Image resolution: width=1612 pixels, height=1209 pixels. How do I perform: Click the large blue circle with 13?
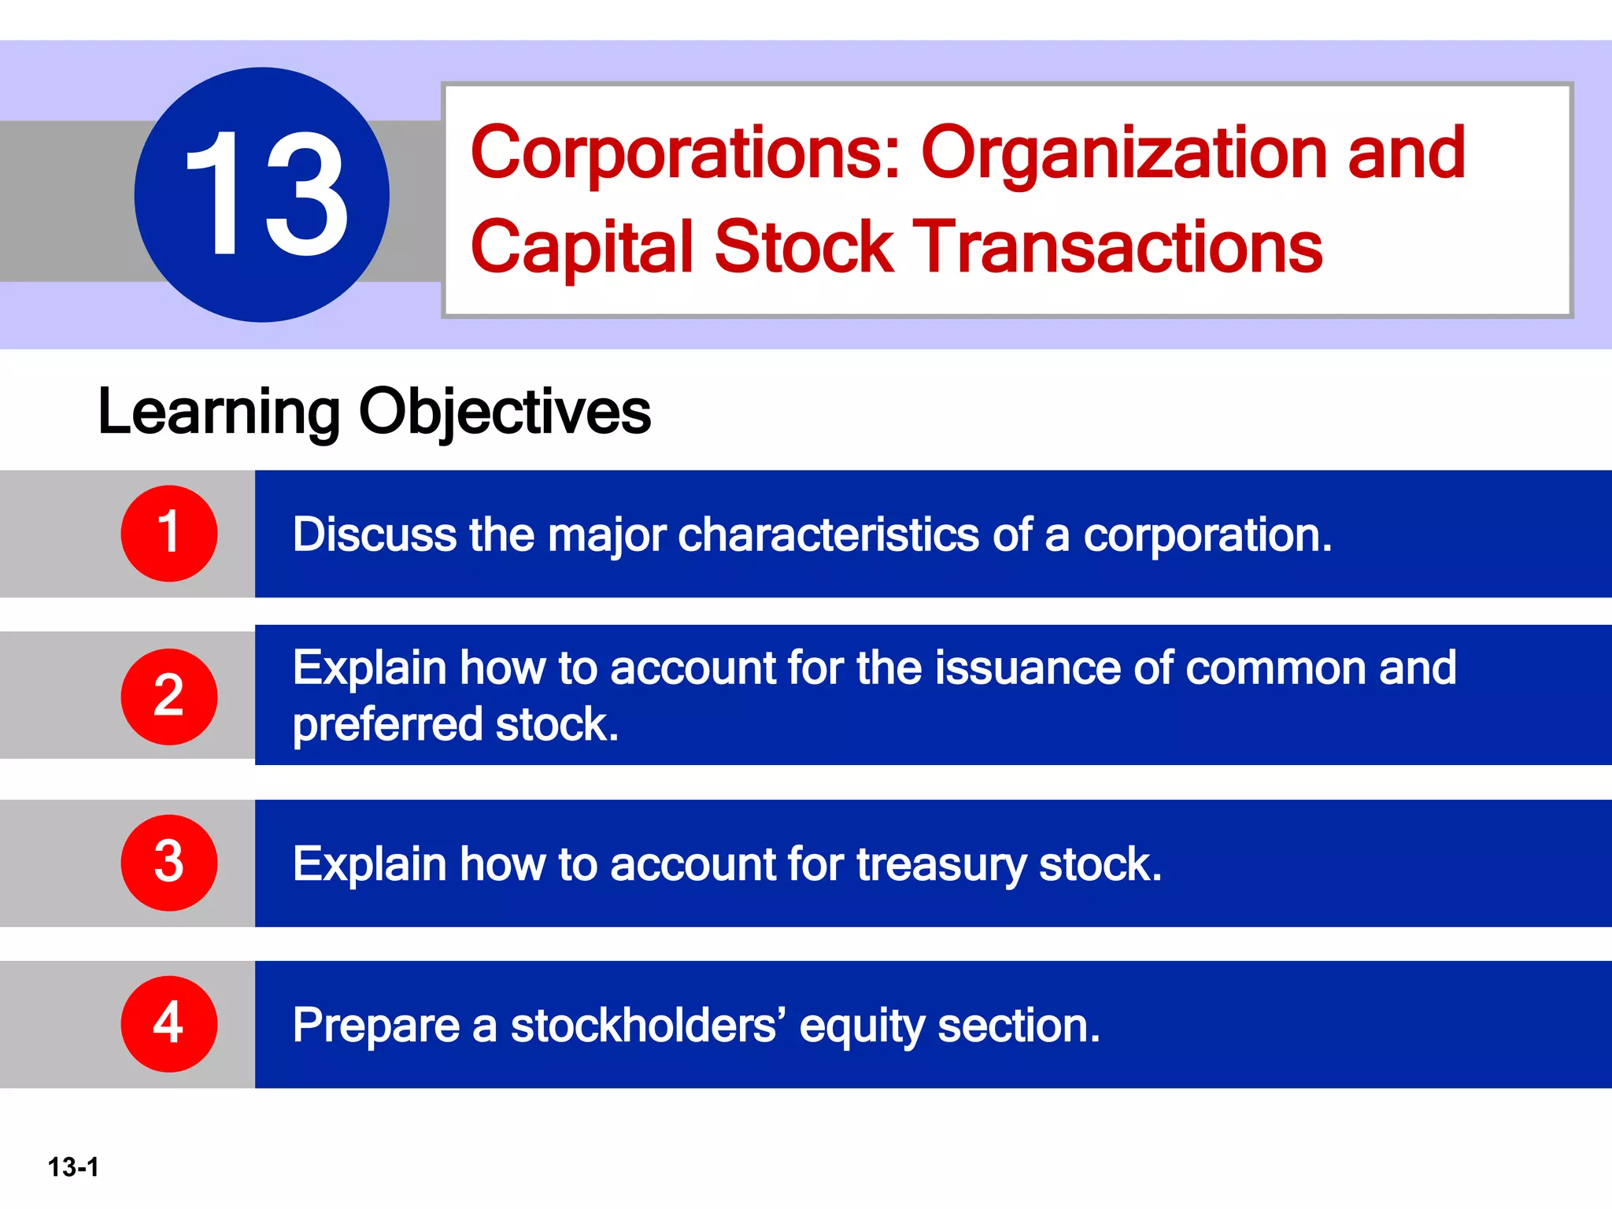point(261,194)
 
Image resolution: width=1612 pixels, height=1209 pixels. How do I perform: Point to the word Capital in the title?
point(582,247)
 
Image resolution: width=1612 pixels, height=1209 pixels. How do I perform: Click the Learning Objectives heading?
point(374,412)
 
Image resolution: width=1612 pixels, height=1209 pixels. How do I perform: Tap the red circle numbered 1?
point(168,534)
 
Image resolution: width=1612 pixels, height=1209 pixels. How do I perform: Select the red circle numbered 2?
point(168,697)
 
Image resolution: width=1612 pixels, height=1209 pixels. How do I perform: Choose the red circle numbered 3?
point(168,863)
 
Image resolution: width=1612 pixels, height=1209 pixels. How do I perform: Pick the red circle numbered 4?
point(168,1024)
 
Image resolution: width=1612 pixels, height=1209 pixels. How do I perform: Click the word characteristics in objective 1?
point(828,535)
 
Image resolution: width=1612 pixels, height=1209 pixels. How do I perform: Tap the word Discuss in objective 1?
point(375,535)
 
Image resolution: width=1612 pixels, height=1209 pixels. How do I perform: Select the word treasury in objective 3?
point(941,865)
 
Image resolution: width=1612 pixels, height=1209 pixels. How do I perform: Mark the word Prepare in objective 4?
point(376,1026)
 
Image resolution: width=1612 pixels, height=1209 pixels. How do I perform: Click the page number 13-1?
point(73,1166)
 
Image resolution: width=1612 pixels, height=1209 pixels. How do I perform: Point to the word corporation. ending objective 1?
point(1207,535)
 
